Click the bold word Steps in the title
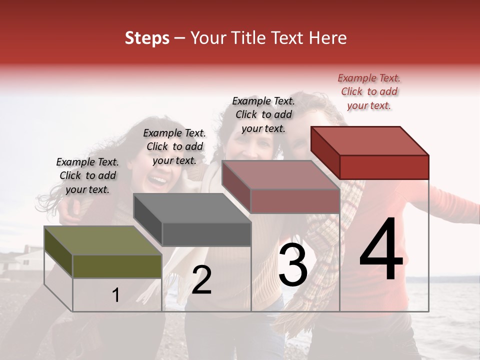[147, 38]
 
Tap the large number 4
[381, 249]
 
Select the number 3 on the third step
[292, 265]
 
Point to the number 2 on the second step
[201, 280]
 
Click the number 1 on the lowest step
[116, 295]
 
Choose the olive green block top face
[103, 240]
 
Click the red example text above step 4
[369, 91]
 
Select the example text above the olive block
[87, 175]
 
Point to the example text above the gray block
[174, 146]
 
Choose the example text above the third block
[263, 114]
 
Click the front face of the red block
[384, 167]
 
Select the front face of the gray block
[206, 234]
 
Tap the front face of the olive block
[117, 266]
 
